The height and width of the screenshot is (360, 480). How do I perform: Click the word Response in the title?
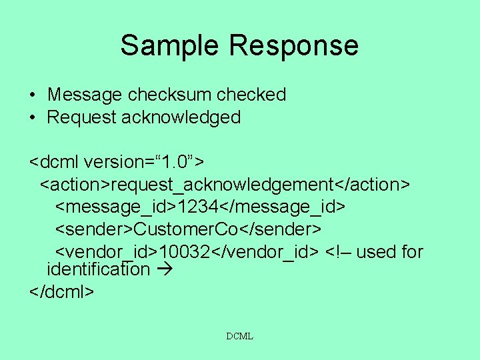tap(295, 45)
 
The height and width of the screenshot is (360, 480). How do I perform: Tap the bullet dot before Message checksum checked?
tap(32, 95)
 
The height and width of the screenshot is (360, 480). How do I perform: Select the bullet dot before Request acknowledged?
tap(32, 118)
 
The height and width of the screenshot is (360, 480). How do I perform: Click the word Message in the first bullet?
tap(85, 95)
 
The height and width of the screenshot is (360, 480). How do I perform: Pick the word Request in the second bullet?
tap(81, 118)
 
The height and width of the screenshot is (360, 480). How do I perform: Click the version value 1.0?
tap(169, 161)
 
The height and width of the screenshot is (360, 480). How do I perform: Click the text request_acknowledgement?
tap(222, 183)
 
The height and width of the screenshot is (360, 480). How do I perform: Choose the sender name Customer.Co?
tap(186, 229)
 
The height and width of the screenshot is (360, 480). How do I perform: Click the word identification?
tap(98, 269)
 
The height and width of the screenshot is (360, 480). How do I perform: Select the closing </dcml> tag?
tap(62, 291)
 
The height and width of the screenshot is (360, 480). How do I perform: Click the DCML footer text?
tap(239, 337)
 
